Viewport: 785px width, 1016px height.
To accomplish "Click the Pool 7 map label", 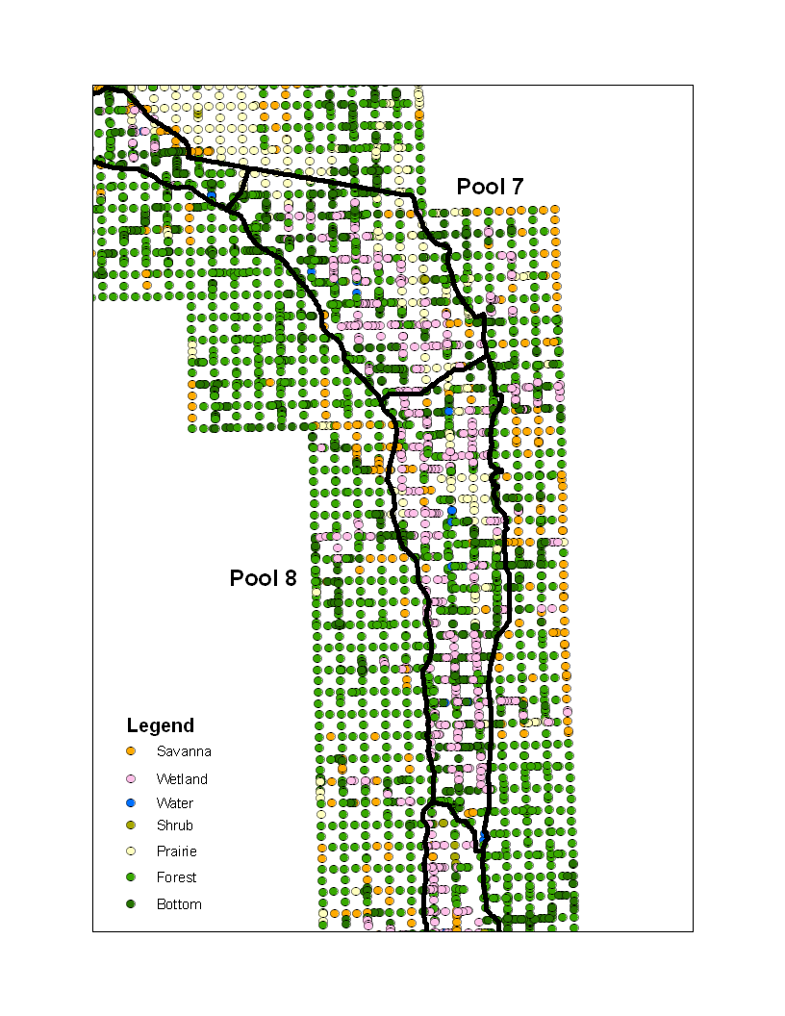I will coord(490,187).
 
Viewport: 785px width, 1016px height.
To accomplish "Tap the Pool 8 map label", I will coord(263,578).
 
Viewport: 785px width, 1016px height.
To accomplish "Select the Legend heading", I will coord(161,725).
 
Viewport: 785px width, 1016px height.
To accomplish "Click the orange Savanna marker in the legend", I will coord(131,751).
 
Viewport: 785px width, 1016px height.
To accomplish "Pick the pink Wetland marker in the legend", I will coord(131,778).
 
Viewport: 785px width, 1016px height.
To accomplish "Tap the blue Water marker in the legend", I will coord(131,802).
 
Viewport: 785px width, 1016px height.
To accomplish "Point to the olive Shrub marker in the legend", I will coord(131,825).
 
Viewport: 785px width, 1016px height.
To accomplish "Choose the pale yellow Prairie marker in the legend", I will coord(131,851).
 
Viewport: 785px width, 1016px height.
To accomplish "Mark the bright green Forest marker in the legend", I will coord(131,877).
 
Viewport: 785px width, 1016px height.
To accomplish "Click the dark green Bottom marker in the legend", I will coord(131,904).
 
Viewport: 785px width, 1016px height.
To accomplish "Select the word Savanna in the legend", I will coord(184,751).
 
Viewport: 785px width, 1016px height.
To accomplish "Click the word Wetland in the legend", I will coord(182,779).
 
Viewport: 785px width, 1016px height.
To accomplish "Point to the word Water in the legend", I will coord(175,803).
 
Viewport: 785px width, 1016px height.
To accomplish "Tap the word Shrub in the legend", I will coord(175,825).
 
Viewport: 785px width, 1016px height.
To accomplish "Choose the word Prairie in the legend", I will coord(177,851).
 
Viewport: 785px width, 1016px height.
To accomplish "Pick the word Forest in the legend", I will coord(177,877).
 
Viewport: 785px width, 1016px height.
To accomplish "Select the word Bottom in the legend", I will coord(179,904).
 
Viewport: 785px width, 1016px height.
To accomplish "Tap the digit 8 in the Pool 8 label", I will coord(290,578).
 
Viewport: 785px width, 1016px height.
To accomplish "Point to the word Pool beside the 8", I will coord(252,578).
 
